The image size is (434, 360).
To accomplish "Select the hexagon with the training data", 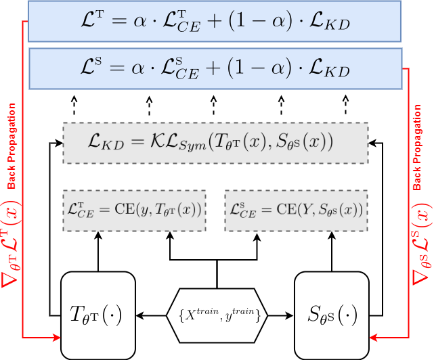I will click(217, 315).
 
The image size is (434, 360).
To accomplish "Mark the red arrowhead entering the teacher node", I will click(56, 336).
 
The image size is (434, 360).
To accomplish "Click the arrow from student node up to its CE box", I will click(332, 250).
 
